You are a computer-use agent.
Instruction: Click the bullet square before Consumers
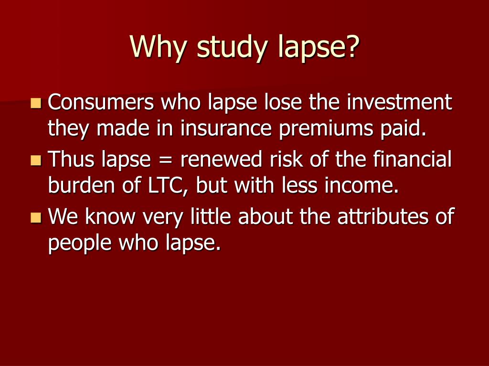click(x=35, y=102)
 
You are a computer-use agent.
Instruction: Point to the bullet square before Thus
click(x=35, y=160)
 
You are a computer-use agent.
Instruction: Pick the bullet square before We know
click(x=35, y=217)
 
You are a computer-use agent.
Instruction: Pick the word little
click(x=211, y=217)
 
